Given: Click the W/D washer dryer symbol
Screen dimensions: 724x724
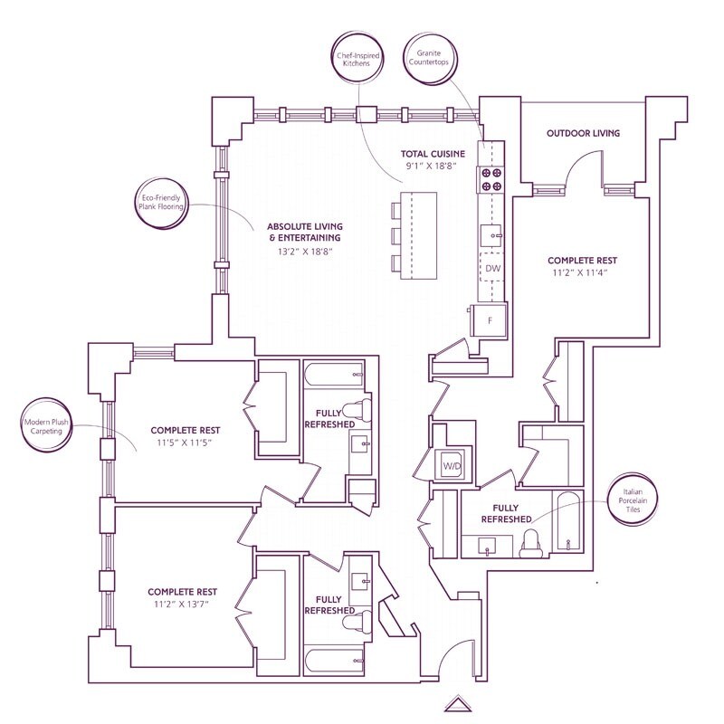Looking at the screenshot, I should coord(451,465).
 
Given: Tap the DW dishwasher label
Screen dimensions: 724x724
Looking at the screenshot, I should coord(492,269).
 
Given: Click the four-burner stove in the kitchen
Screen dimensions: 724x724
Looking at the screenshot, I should coord(492,179).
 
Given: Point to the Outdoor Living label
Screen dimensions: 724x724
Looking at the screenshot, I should coord(583,133).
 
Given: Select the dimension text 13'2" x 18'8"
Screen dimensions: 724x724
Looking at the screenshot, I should coord(307,251).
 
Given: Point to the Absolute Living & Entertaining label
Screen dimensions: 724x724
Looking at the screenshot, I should coord(307,232).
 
